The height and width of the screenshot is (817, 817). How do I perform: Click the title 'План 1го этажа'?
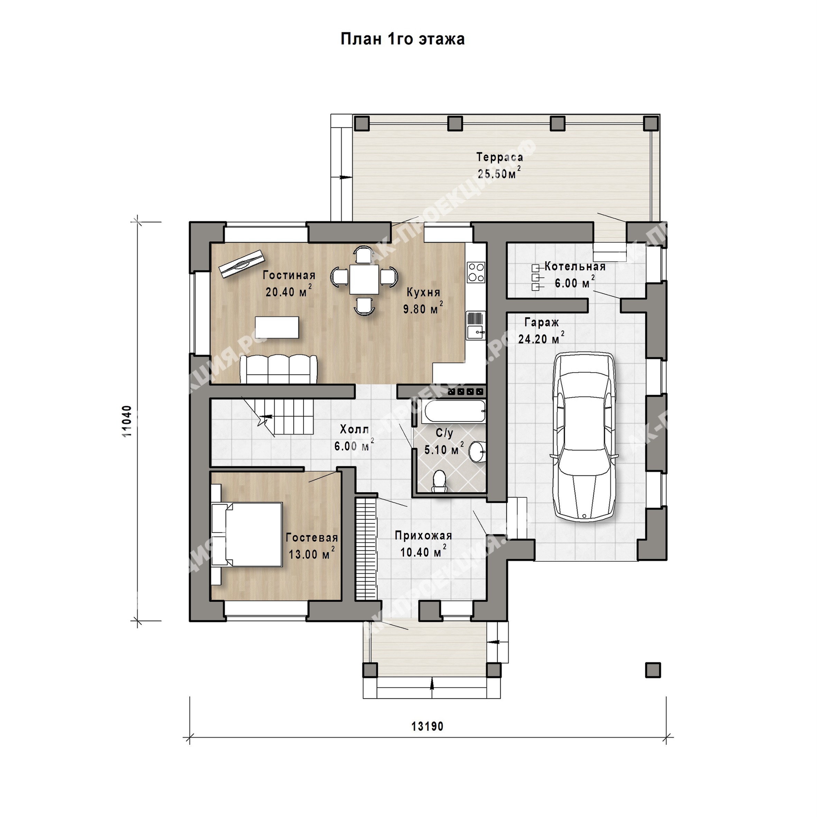(x=403, y=39)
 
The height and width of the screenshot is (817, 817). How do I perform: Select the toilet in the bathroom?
(x=439, y=481)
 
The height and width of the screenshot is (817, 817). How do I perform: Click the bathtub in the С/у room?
(x=454, y=411)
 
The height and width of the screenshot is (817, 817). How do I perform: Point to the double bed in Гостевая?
(x=247, y=534)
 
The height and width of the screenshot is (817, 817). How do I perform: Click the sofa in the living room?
(x=279, y=369)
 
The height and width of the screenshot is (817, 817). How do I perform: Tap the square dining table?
(x=364, y=279)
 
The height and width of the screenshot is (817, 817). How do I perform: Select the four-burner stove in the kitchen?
(x=476, y=272)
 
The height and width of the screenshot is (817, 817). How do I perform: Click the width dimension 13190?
(x=428, y=726)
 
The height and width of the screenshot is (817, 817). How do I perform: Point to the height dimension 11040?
(x=127, y=421)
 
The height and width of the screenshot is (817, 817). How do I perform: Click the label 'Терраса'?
(x=500, y=157)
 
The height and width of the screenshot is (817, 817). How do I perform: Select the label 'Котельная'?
(x=575, y=266)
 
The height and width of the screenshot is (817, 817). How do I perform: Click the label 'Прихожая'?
(x=423, y=535)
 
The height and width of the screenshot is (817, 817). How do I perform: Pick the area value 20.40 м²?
(x=289, y=291)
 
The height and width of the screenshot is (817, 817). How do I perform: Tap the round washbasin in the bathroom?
(x=478, y=452)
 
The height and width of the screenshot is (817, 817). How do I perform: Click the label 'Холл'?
(x=355, y=430)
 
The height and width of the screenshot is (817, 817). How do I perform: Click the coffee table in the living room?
(x=277, y=327)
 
